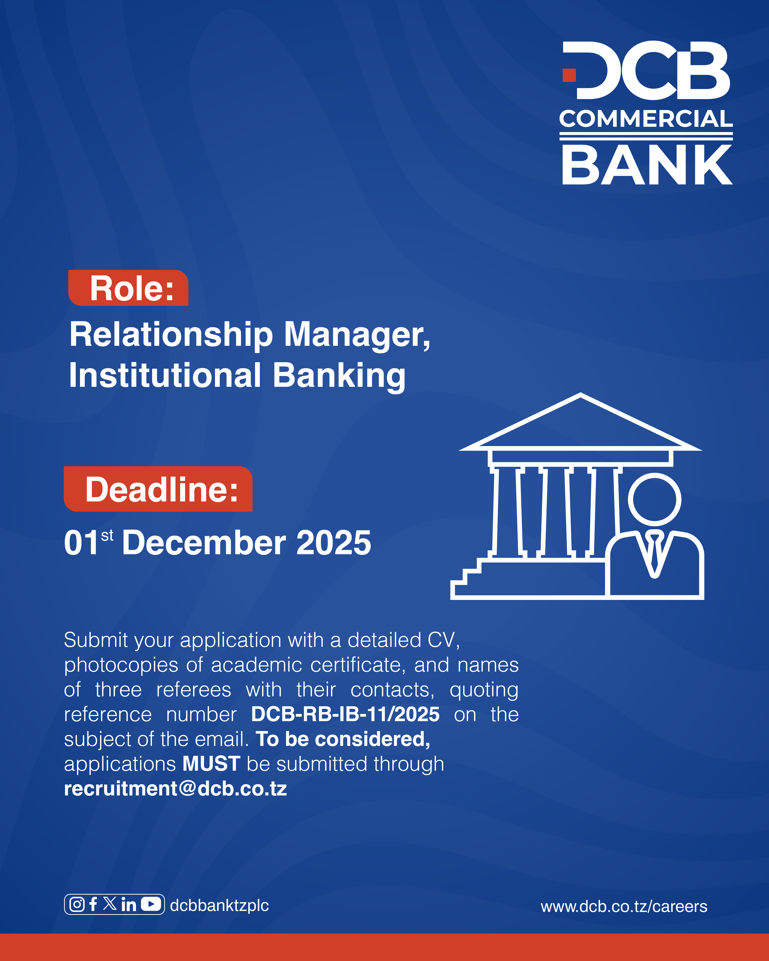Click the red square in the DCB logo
click(569, 75)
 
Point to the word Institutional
click(165, 375)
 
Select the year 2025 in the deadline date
click(333, 543)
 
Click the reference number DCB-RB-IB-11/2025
click(345, 714)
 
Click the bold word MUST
click(211, 764)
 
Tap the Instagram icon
click(77, 904)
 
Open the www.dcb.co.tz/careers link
click(624, 906)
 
